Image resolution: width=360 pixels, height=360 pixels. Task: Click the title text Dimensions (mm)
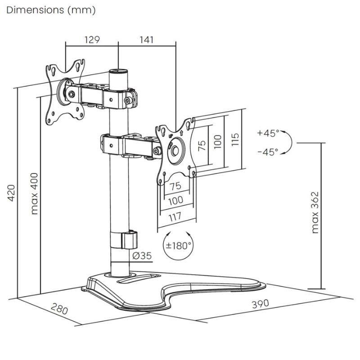pyautogui.click(x=51, y=10)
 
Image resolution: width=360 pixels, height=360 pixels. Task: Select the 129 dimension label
pyautogui.click(x=92, y=40)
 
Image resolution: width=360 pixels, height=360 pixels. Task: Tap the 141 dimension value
pyautogui.click(x=146, y=40)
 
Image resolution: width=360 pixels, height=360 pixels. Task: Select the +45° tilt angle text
pyautogui.click(x=268, y=133)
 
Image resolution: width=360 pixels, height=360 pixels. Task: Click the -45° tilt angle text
pyautogui.click(x=268, y=152)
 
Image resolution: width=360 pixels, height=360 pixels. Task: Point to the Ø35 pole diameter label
pyautogui.click(x=142, y=256)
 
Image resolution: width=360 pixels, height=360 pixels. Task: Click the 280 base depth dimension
pyautogui.click(x=59, y=310)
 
